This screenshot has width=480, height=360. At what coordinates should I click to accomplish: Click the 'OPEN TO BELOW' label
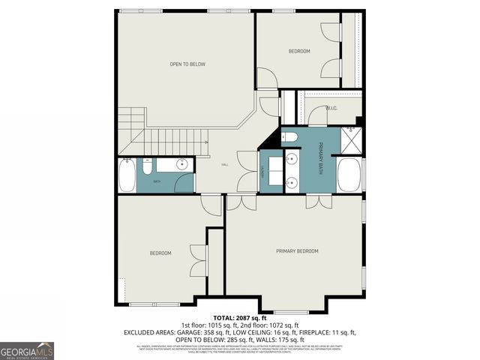pos(187,64)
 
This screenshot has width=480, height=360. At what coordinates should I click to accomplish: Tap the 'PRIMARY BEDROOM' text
pos(297,250)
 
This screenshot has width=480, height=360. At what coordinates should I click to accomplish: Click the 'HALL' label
pos(224,165)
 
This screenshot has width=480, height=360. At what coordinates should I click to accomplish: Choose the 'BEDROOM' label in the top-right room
pos(299,51)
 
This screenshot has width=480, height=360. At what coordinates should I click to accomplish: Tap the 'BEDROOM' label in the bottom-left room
pos(160,253)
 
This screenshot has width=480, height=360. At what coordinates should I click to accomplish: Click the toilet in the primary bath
pos(291,136)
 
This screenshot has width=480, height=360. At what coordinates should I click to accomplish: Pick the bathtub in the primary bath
pos(349,175)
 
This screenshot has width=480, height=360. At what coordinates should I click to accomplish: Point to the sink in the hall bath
pos(181,164)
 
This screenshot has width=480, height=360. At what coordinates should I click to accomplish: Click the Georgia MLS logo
pos(27,350)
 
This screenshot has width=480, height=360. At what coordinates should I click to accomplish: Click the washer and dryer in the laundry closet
pos(271,172)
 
